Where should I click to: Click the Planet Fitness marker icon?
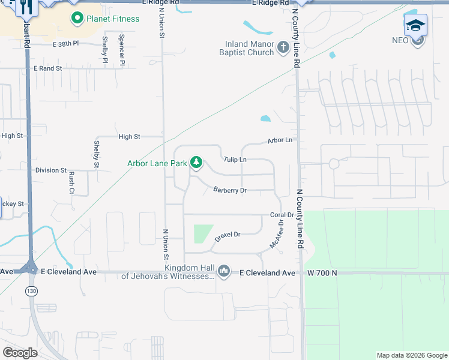(x=77, y=19)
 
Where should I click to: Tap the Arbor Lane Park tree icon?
(x=196, y=163)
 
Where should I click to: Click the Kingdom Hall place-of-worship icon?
(x=224, y=272)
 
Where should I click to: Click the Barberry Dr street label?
(x=230, y=190)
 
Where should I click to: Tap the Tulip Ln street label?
(x=235, y=160)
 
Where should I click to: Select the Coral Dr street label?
(x=282, y=215)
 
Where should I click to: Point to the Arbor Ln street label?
(x=280, y=140)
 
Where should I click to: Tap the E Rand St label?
(x=47, y=68)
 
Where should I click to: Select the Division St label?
(x=50, y=170)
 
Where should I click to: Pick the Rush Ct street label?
(x=71, y=183)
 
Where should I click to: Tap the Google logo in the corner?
(x=20, y=353)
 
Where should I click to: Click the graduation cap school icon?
(x=415, y=26)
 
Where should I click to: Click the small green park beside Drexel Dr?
(x=203, y=233)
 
